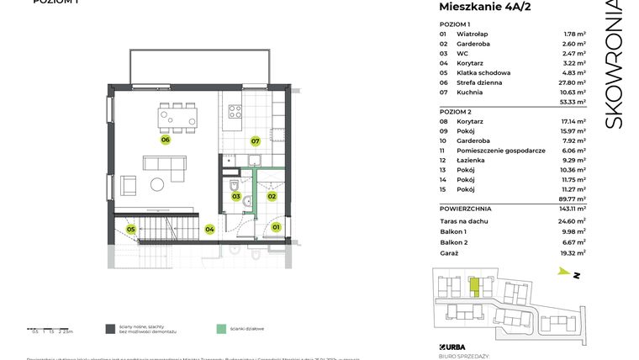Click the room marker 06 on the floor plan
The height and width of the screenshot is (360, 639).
click(x=166, y=140)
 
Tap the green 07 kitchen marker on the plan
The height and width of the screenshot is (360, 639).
click(x=254, y=141)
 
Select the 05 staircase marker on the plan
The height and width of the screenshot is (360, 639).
click(x=131, y=229)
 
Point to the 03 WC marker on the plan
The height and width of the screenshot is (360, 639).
click(x=237, y=197)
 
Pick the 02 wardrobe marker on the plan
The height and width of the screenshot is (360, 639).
click(x=272, y=197)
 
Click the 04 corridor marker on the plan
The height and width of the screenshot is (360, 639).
click(x=209, y=228)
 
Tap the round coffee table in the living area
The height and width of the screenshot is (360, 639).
click(x=158, y=185)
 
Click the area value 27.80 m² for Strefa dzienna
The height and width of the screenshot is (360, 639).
click(x=574, y=82)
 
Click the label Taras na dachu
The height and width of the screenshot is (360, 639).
click(x=464, y=220)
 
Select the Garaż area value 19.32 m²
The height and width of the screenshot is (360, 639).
click(x=574, y=252)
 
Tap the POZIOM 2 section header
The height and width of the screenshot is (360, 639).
click(x=457, y=112)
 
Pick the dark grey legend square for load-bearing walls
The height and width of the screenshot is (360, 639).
click(x=110, y=329)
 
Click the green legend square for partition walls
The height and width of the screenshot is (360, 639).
click(x=220, y=329)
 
